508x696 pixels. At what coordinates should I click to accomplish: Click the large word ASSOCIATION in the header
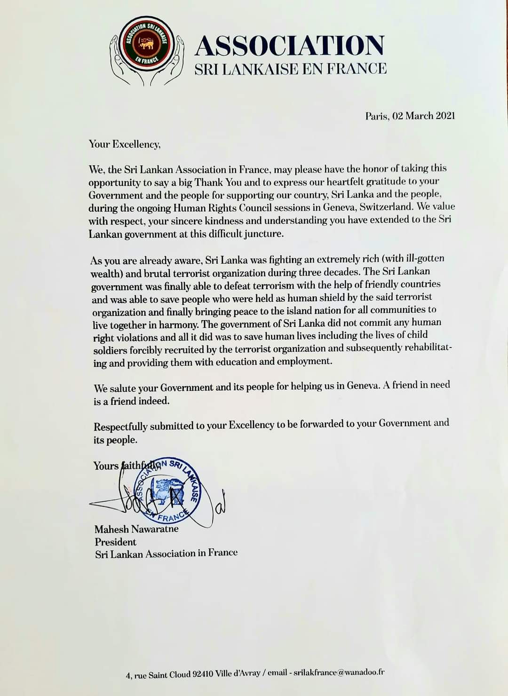coord(290,46)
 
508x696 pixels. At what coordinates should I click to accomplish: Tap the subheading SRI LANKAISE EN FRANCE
coord(291,69)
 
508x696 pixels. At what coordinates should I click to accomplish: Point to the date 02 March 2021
coord(424,116)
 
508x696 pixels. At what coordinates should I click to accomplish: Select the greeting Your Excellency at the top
coord(125,144)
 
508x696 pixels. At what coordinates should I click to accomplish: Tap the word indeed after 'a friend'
coord(153,401)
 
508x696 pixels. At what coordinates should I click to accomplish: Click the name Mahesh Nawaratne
coord(136,529)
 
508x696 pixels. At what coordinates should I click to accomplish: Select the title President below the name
coord(116,542)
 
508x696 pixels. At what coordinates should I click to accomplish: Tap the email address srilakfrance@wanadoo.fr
coord(339,673)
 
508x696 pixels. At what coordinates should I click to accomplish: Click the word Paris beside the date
coord(377,116)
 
